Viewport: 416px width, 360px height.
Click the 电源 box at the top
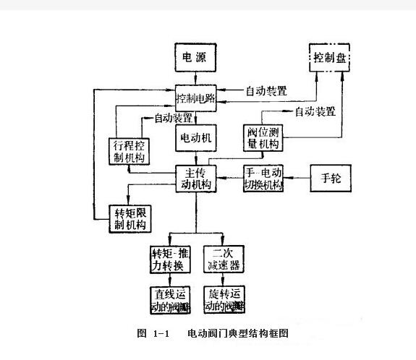tap(196, 57)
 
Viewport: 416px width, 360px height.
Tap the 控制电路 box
tap(196, 97)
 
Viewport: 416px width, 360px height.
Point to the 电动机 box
tap(196, 137)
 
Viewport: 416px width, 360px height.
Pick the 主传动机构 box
tap(196, 179)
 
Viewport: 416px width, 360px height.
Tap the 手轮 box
tap(331, 178)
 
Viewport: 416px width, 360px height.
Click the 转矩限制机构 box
tap(130, 218)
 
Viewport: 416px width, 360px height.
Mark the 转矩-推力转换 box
tap(171, 260)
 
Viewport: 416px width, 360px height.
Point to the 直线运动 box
tap(171, 299)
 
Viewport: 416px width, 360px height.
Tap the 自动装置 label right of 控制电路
tap(266, 92)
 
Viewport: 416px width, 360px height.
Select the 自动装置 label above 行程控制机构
tap(172, 117)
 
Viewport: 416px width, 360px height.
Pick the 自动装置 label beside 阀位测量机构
tap(315, 112)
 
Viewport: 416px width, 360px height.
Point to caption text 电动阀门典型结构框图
tap(238, 333)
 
